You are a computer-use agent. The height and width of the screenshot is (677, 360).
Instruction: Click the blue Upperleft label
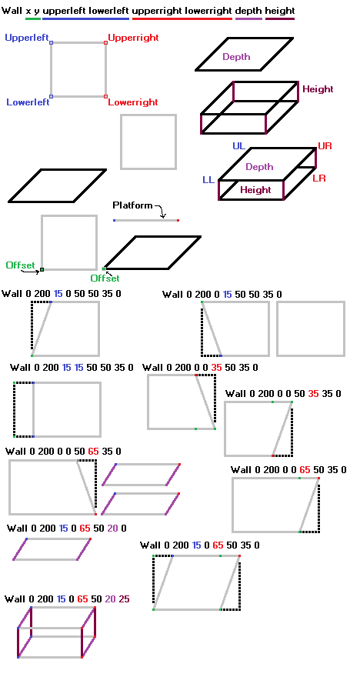[27, 38]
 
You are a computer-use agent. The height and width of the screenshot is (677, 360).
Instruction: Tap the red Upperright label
[133, 38]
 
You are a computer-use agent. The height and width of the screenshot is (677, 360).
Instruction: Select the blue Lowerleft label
[28, 102]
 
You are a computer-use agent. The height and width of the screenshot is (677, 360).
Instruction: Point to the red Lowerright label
[133, 102]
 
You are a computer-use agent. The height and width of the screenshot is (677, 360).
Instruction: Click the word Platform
[132, 205]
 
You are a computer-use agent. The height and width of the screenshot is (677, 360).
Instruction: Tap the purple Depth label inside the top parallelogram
[236, 57]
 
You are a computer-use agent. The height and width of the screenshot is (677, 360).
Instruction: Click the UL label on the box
[238, 146]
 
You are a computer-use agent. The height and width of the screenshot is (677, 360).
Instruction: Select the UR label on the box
[325, 146]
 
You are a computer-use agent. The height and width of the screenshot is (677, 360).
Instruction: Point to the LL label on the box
[208, 180]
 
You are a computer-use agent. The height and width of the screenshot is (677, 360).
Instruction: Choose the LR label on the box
[319, 178]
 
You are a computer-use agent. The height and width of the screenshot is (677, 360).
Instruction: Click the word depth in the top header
[248, 11]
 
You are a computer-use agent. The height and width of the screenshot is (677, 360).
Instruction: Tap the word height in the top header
[280, 10]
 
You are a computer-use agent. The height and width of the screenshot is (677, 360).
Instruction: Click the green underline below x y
[33, 19]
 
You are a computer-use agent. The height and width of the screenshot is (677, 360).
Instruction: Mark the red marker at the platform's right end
[178, 221]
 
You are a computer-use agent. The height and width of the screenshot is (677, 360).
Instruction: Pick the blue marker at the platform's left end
[115, 221]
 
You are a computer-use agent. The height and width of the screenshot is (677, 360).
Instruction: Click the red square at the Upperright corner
[105, 43]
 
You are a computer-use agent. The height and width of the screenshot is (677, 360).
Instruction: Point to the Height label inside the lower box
[255, 190]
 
